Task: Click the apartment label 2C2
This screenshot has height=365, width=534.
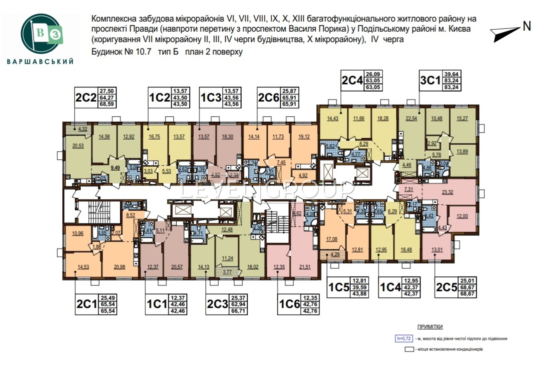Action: coord(86,98)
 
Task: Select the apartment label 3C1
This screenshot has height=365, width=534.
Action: coord(431,81)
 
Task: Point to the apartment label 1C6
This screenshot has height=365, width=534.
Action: coord(289,304)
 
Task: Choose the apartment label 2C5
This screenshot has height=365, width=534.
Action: coord(446,287)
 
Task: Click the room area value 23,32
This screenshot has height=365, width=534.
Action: coord(447,192)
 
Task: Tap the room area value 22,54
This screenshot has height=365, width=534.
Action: coord(411,118)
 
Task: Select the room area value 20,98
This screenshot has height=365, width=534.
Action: coord(119,267)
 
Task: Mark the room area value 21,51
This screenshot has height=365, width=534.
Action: coord(305,267)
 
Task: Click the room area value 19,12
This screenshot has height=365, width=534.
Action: coord(304,137)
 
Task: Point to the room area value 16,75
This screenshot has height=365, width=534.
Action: coord(154,137)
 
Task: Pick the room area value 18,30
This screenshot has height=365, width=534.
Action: coord(227,137)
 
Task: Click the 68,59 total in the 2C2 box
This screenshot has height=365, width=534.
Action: coord(107,104)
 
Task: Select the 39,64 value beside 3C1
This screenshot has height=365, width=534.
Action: coord(451,74)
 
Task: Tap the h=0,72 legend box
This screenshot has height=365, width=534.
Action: coord(404,338)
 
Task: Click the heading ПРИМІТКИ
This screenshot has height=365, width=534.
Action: coord(430,327)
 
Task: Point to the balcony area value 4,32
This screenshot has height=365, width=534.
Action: coord(83,129)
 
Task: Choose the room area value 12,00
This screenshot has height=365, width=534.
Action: coord(462,216)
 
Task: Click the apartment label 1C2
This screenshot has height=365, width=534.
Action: coord(160,98)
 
